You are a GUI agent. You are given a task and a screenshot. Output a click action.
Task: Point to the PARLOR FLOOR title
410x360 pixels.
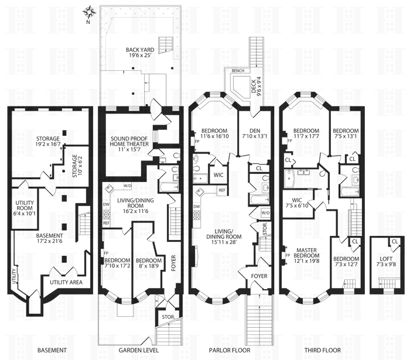coord(229,350)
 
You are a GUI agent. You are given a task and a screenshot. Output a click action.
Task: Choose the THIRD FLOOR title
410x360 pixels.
coord(320,350)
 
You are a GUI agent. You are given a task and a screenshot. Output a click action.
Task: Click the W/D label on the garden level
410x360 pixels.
coord(128,186)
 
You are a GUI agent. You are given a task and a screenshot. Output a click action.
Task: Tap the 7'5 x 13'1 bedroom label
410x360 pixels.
coord(346,133)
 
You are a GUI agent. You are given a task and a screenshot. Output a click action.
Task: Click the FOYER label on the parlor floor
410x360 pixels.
coord(259,275)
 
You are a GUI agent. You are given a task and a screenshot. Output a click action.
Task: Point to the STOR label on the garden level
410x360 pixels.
coord(166,318)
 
